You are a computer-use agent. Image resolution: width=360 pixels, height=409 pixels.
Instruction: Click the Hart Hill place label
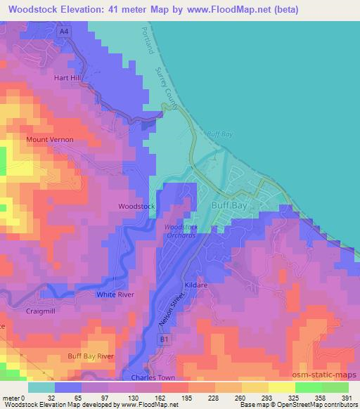pos(68,79)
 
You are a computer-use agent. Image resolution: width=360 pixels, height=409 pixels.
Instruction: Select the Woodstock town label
pos(136,207)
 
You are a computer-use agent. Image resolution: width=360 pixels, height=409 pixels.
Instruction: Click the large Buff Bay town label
pos(230,206)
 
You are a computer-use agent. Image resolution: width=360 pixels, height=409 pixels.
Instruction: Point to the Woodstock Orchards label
pos(181,232)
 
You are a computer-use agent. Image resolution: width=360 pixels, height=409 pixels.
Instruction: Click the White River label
pos(115,294)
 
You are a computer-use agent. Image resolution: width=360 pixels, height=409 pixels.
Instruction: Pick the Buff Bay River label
pos(91,356)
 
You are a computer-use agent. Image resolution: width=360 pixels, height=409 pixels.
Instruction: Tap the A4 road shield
pos(64,32)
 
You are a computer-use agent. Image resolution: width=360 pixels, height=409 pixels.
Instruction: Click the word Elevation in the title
pos(86,10)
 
